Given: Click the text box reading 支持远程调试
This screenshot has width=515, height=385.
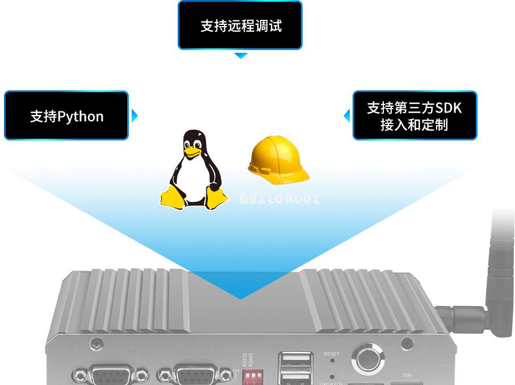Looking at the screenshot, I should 240,26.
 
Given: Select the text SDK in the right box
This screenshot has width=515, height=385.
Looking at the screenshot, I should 448,108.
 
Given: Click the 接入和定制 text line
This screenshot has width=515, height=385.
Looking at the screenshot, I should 414,125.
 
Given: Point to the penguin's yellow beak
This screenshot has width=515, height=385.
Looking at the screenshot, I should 192,152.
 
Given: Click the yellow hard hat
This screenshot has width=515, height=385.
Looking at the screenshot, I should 277,162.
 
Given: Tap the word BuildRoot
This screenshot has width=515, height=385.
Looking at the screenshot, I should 279,198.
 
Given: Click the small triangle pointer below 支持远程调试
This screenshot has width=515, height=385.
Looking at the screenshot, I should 241,56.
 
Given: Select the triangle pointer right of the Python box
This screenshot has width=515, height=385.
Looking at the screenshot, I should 135,116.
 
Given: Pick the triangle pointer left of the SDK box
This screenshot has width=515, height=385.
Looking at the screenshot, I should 346,116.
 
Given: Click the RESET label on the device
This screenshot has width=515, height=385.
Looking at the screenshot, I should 332,354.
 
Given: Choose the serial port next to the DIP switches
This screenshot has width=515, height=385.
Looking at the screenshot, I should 196,376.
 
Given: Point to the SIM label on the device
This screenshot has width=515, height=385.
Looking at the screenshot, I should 407,375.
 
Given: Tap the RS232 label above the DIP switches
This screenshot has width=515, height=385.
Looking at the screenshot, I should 244,359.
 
